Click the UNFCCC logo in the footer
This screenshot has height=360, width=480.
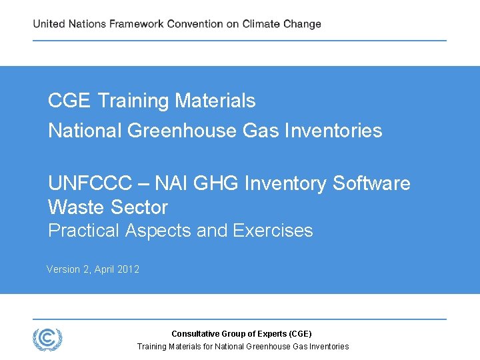(x=47, y=339)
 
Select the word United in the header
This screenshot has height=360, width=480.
(x=49, y=24)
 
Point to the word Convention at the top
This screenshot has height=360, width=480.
(x=195, y=24)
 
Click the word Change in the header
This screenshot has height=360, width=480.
(x=302, y=24)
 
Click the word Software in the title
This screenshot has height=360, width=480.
(x=372, y=183)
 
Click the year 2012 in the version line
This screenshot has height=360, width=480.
(x=129, y=269)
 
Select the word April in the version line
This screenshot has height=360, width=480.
(x=105, y=269)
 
